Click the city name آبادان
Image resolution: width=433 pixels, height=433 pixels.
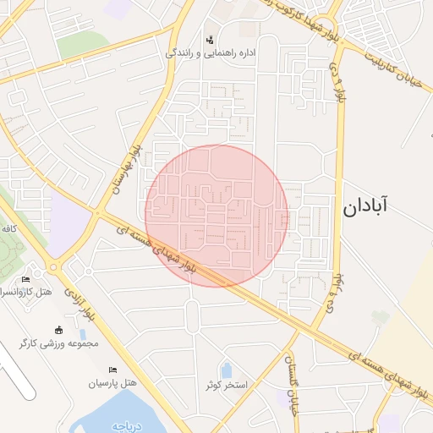tap(365, 206)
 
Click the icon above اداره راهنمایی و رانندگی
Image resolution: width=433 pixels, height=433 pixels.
tap(210, 40)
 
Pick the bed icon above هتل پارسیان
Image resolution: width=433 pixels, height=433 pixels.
tap(112, 370)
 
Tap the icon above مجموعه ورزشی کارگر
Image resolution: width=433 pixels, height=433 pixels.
tap(58, 330)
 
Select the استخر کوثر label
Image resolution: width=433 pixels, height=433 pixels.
tap(226, 385)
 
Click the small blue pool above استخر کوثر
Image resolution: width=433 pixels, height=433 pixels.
tap(227, 370)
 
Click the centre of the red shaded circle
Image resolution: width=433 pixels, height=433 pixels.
tap(216, 216)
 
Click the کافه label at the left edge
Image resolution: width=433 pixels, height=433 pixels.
tap(9, 228)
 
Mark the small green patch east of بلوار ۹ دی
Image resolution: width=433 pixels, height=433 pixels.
tap(380, 317)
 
